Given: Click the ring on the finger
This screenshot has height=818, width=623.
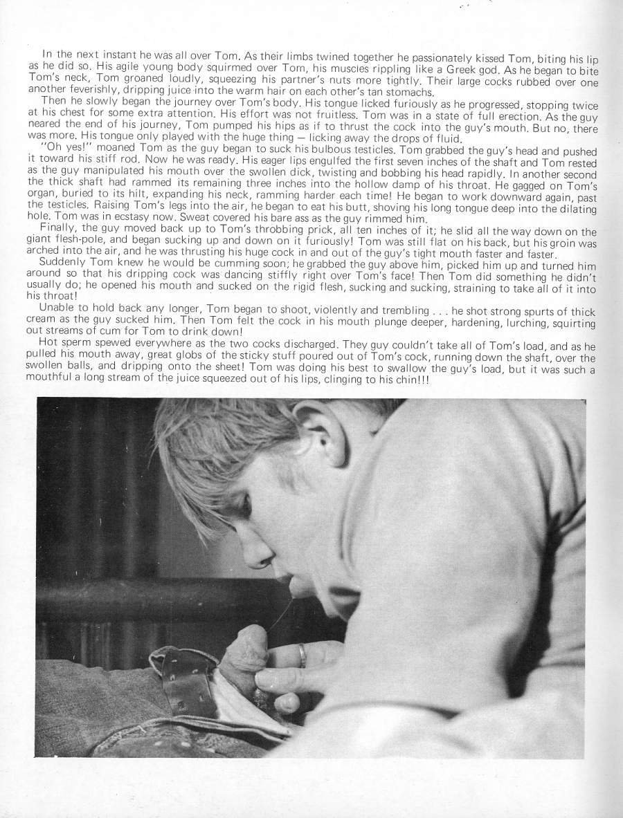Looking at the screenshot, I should pos(303,655).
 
